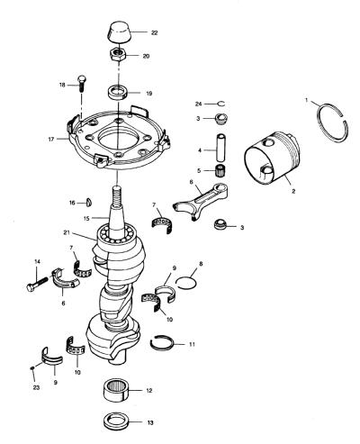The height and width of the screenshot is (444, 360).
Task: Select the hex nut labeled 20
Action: point(117,55)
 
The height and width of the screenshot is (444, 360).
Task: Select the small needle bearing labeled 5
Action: point(220,171)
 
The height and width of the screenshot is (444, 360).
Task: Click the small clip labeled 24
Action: point(221,104)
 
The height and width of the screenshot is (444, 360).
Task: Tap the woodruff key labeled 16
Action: point(89,203)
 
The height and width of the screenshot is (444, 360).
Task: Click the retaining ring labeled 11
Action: point(162,342)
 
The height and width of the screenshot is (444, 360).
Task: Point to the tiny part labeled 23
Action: point(32,367)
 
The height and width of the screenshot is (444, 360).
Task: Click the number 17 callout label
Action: point(51,140)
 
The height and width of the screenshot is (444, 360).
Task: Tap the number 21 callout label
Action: point(67,232)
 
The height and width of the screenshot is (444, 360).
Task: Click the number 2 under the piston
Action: point(293,191)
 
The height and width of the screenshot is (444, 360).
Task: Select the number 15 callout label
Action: point(86,219)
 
